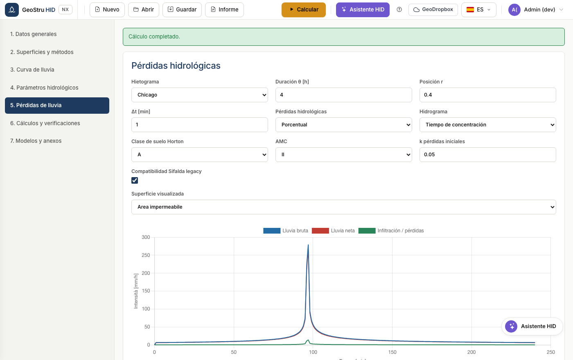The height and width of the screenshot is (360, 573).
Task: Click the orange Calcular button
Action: (303, 10)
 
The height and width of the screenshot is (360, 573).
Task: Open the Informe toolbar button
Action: (224, 10)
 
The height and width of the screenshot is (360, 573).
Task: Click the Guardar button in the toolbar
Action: (182, 10)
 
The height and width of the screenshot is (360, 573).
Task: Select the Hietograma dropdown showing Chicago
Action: (200, 95)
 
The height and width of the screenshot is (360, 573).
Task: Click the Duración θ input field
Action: (343, 95)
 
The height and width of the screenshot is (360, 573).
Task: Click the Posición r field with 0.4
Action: (487, 95)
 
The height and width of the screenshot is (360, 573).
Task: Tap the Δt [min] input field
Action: (200, 125)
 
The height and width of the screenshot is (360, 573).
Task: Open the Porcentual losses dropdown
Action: (343, 125)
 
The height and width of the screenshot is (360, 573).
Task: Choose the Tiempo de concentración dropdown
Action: (487, 125)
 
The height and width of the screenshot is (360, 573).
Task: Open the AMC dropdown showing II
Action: (343, 155)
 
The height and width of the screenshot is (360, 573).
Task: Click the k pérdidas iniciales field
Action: (487, 155)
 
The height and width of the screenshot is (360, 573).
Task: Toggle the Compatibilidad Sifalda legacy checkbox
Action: (135, 180)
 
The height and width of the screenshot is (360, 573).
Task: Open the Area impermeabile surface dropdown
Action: (343, 207)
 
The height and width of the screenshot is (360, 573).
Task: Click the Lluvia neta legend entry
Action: (333, 231)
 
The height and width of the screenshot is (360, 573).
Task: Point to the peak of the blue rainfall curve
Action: (308, 245)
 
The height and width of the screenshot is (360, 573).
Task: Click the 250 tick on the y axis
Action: (146, 255)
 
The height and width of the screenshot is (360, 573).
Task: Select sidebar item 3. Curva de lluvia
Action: (32, 70)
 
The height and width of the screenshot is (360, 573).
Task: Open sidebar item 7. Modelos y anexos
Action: (36, 141)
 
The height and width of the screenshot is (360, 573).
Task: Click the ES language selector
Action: (478, 10)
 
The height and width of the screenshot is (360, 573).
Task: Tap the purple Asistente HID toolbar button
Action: (363, 10)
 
